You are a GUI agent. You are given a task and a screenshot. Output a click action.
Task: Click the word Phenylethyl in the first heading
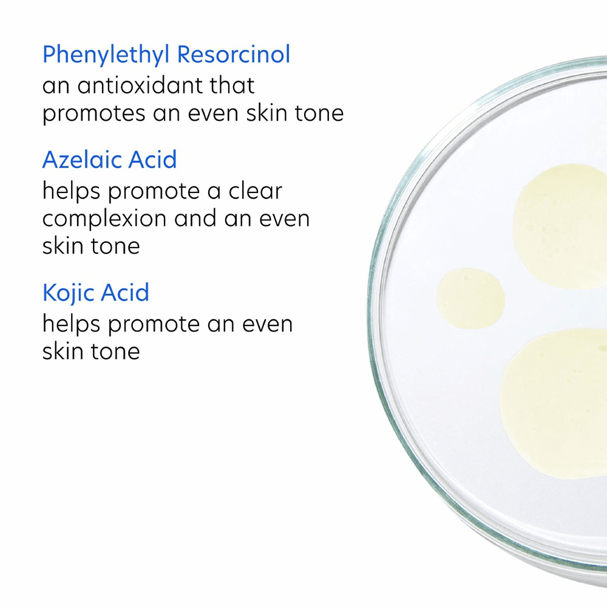point(106,55)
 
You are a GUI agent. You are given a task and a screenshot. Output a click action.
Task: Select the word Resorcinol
point(233,55)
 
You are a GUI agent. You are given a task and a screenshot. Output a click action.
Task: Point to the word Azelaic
point(83,160)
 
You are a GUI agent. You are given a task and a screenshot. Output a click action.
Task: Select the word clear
point(255,191)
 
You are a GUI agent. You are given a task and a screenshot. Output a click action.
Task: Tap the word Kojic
point(68,293)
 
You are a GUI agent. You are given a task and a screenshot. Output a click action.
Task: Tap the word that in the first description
point(232,85)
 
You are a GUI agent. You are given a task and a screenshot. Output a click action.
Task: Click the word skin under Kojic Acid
point(62,351)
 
